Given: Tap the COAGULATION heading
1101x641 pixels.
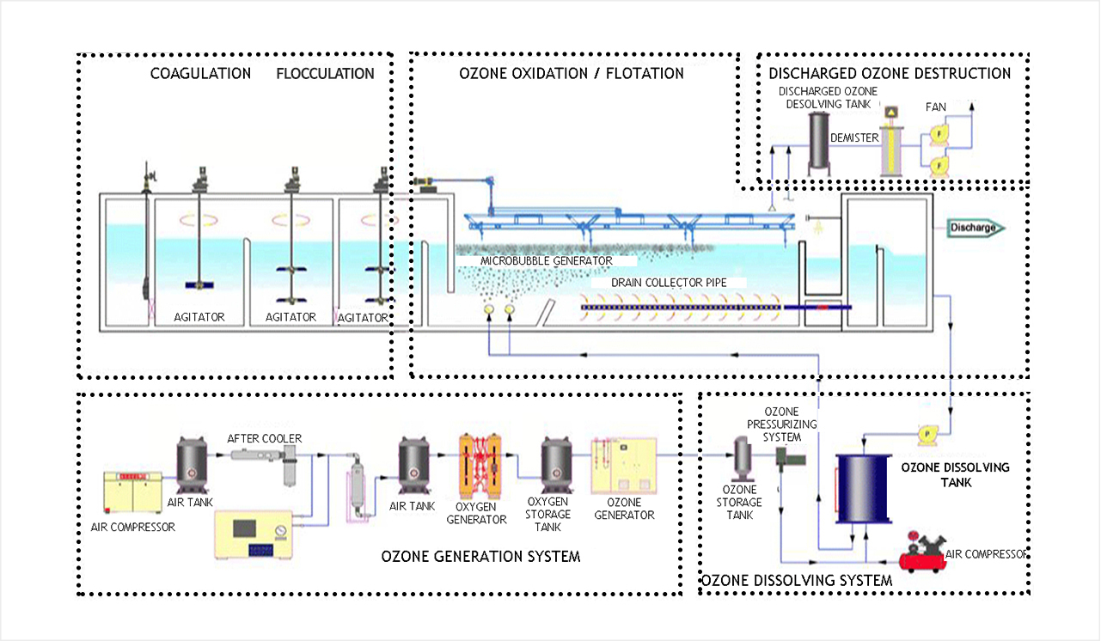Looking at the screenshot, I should [200, 73].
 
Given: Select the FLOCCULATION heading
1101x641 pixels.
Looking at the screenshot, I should [325, 73].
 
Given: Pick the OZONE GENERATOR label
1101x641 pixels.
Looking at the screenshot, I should [624, 509].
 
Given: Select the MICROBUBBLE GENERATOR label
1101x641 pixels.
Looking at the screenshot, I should [547, 260].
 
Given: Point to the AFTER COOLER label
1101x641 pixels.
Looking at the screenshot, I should [264, 438].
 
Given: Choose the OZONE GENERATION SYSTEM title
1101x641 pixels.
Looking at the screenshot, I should [480, 557].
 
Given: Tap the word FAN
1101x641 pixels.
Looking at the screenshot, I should [936, 107].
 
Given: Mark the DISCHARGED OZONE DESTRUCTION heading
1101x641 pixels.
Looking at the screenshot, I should [890, 73].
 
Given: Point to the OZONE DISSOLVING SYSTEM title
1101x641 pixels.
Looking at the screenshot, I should [797, 581].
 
